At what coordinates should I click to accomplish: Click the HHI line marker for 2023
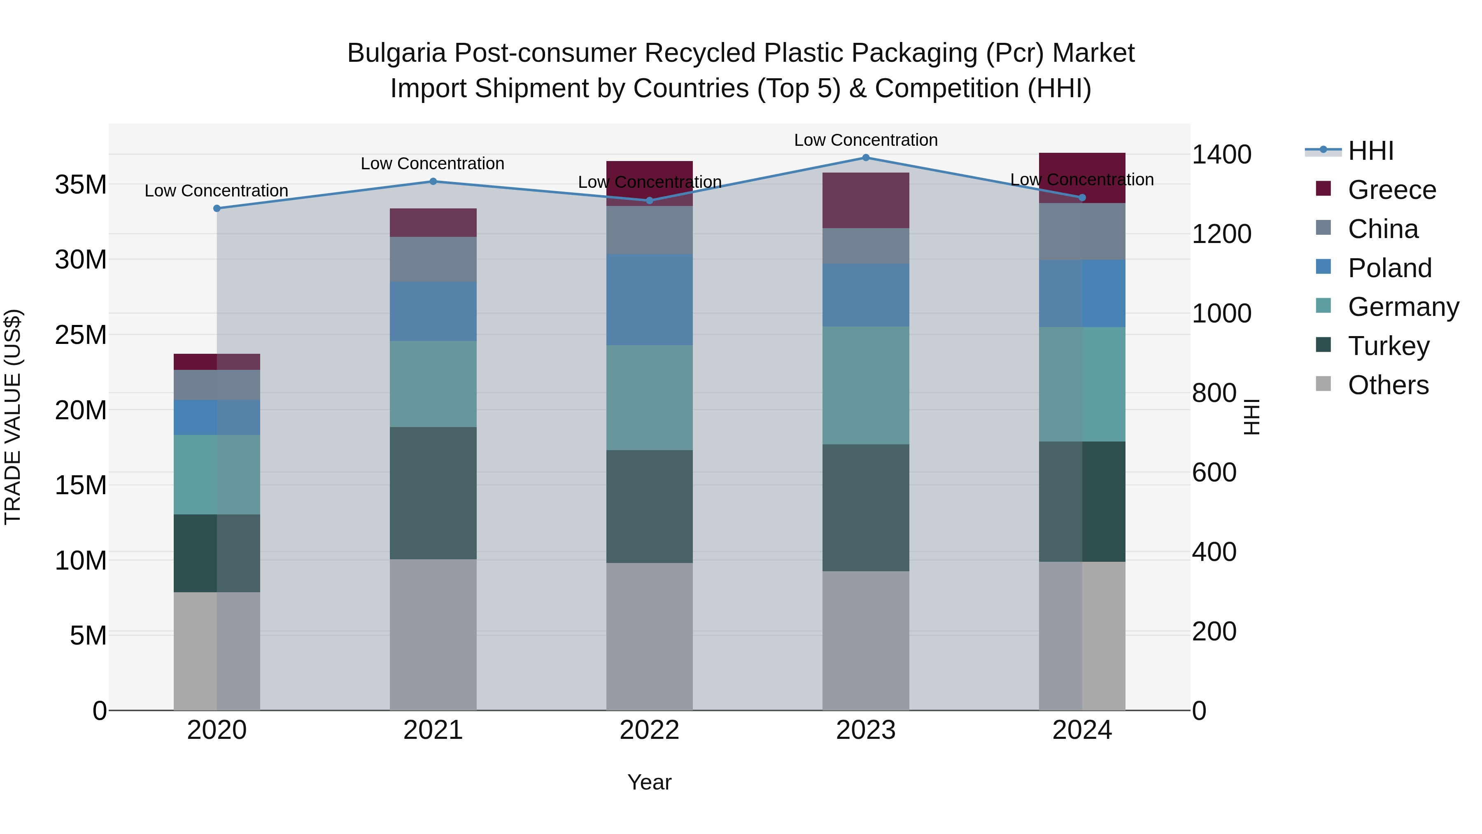pos(866,158)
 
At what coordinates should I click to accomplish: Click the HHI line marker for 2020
pos(217,208)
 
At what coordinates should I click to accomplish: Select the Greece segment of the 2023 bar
pos(866,200)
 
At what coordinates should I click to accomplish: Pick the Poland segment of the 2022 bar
pos(650,300)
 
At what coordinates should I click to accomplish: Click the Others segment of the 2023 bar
pos(866,640)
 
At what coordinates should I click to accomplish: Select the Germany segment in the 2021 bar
pos(433,384)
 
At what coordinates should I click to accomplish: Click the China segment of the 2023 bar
pos(866,246)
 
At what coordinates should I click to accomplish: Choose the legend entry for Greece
pos(1391,190)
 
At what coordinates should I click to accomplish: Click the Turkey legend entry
pos(1388,346)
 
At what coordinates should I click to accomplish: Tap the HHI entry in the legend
pos(1370,151)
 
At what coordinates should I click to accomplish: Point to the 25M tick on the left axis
pos(81,335)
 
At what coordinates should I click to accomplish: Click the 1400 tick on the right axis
pos(1221,154)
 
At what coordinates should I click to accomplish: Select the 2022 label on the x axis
pos(650,730)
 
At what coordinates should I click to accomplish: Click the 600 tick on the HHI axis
pos(1214,472)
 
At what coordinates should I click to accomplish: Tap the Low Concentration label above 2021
pos(433,164)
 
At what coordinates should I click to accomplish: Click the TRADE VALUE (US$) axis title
pos(13,417)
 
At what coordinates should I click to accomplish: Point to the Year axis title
pos(650,782)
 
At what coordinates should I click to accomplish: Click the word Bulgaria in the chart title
pos(396,53)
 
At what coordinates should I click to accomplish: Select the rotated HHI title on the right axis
pos(1252,417)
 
